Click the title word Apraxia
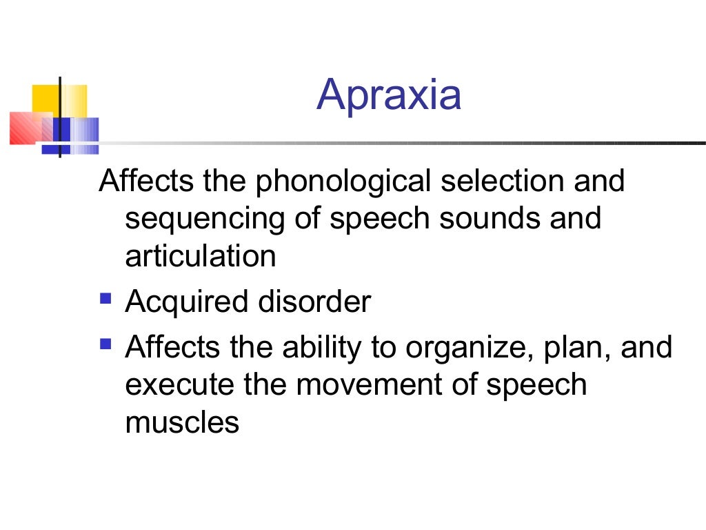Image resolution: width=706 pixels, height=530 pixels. click(x=389, y=95)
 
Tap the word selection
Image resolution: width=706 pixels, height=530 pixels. click(x=497, y=181)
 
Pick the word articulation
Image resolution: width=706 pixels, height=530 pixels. click(x=201, y=257)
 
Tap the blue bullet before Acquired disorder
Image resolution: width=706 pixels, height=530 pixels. click(x=105, y=300)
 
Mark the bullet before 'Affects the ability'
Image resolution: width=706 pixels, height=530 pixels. click(x=105, y=342)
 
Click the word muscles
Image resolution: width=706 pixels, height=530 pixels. click(x=182, y=422)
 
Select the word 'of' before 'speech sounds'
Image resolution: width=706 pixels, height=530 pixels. click(x=305, y=219)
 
